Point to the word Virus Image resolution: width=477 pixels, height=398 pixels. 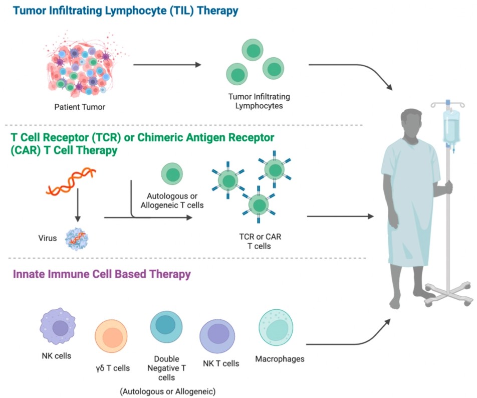(47, 239)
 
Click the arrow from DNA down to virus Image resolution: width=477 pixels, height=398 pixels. (78, 210)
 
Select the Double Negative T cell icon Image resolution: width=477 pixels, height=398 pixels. (166, 326)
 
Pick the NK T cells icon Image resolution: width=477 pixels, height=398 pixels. (217, 334)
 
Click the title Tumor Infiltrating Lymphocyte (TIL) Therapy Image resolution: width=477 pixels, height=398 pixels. (120, 11)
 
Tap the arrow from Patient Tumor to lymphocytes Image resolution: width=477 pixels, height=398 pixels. (167, 65)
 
